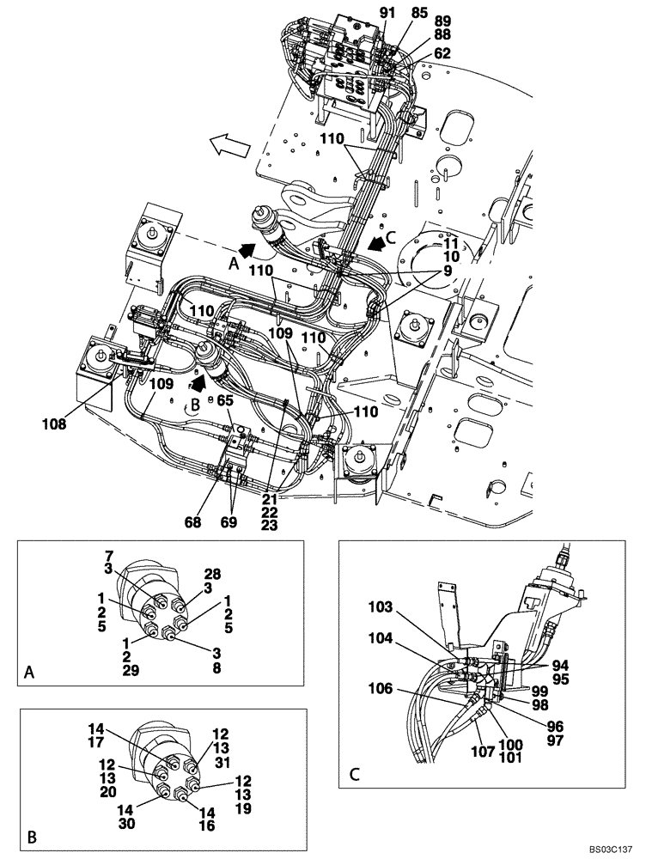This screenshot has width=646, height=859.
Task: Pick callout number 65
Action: (x=226, y=399)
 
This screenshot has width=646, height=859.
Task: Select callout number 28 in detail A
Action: (x=212, y=573)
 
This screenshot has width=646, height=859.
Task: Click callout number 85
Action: (x=418, y=13)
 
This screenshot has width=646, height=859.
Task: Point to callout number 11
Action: (x=451, y=244)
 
